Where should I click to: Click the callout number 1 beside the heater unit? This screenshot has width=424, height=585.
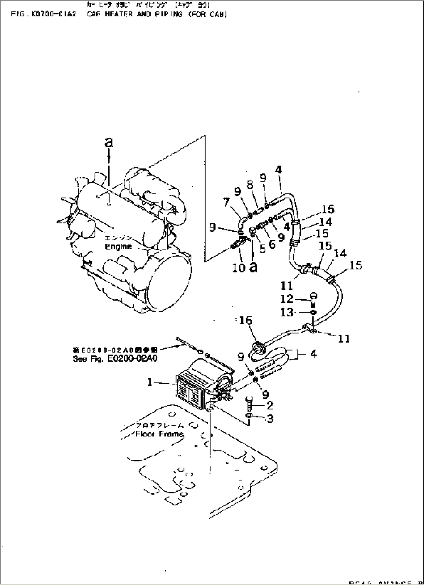click(150, 382)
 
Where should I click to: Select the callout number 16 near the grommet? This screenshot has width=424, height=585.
click(246, 320)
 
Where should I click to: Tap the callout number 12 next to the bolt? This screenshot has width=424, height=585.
click(287, 299)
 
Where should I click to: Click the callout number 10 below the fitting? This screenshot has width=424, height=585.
click(238, 267)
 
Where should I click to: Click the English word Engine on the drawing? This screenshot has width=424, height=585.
click(118, 246)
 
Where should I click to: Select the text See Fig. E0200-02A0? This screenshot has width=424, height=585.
click(115, 359)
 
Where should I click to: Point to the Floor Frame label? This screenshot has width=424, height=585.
click(159, 434)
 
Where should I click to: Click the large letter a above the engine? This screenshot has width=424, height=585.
click(109, 142)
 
